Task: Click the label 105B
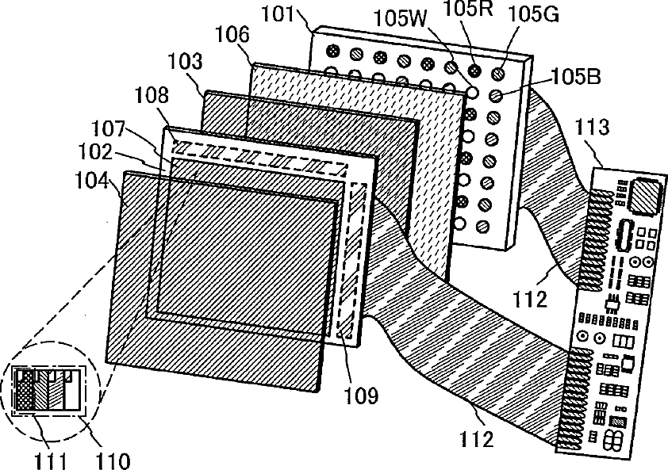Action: [x=577, y=76]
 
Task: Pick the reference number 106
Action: [x=232, y=35]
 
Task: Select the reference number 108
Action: [x=152, y=97]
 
